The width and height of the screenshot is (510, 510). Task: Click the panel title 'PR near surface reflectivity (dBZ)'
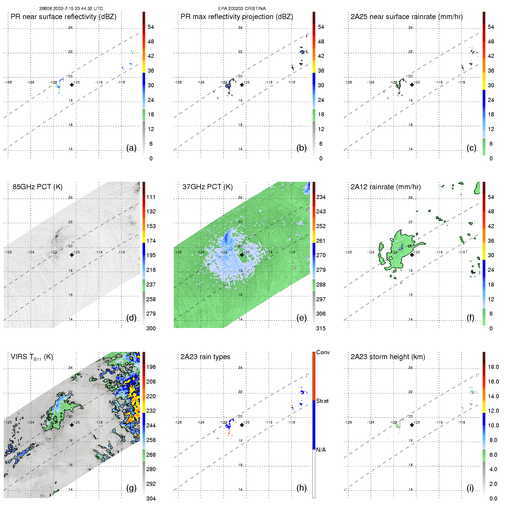click(63, 17)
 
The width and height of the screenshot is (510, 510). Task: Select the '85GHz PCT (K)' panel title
click(37, 187)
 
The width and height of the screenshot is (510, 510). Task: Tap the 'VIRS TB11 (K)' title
click(32, 357)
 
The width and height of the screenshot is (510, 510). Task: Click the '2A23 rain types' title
click(205, 357)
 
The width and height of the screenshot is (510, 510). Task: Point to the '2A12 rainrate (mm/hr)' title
click(386, 187)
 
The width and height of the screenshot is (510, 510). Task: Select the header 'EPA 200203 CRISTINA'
click(242, 9)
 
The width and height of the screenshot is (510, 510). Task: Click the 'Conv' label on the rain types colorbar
click(323, 352)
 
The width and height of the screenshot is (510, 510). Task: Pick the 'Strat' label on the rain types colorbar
click(322, 401)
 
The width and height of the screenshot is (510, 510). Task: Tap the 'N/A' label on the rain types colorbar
click(321, 450)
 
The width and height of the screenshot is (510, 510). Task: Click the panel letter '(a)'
click(131, 148)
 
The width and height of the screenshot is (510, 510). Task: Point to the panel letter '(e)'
click(301, 318)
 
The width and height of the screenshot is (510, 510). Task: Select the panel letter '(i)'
click(470, 488)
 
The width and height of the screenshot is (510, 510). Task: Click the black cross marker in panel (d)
click(72, 255)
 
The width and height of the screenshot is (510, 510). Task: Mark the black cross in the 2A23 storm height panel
click(412, 425)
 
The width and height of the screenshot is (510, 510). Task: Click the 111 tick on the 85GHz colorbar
click(151, 197)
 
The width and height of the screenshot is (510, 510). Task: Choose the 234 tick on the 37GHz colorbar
click(321, 197)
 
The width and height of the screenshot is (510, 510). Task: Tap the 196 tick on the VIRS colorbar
click(151, 367)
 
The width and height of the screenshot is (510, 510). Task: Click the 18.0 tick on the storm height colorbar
click(493, 367)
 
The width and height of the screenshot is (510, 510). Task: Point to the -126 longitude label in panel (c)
click(348, 82)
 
